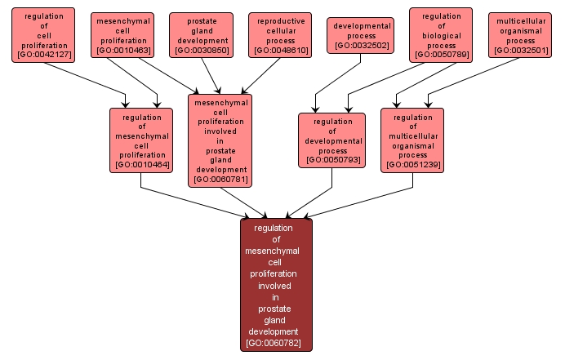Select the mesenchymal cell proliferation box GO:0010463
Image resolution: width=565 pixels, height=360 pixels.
click(124, 35)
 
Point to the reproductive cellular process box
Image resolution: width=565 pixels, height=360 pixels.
click(281, 35)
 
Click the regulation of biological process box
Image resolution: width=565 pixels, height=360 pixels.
click(442, 35)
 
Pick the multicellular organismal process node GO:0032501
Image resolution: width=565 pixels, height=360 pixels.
click(519, 35)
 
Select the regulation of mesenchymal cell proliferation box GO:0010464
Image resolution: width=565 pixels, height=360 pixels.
click(141, 140)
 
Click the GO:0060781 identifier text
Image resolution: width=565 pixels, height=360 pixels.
click(220, 179)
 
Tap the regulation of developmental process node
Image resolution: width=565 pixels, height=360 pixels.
click(331, 140)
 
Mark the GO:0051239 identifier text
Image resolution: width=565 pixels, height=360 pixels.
click(412, 164)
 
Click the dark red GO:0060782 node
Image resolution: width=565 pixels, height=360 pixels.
click(275, 285)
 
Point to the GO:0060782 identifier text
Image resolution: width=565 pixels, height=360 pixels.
click(275, 343)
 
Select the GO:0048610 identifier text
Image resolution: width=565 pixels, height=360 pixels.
click(281, 51)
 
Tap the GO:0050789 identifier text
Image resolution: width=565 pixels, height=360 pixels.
click(442, 56)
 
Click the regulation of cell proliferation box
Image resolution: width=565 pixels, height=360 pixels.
click(43, 35)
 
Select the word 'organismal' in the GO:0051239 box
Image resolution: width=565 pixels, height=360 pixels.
click(412, 145)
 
